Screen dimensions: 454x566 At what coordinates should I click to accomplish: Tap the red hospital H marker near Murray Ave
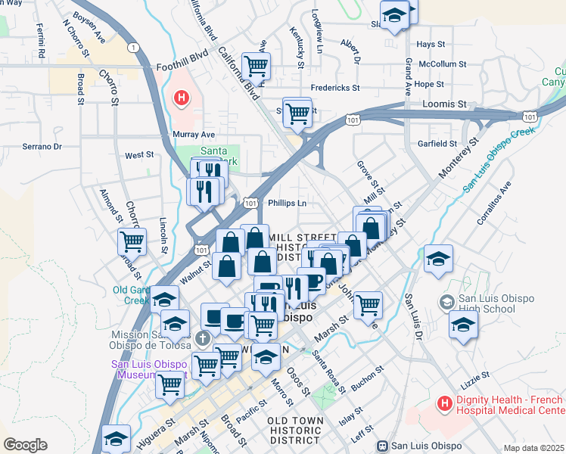[181, 98]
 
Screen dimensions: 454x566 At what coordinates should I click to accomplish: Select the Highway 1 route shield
[134, 48]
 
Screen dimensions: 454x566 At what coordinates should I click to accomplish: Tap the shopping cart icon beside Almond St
[132, 242]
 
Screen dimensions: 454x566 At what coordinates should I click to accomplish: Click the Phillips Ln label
[288, 203]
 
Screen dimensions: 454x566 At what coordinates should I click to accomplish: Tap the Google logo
[25, 445]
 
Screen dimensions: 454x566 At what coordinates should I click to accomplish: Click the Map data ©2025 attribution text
[533, 448]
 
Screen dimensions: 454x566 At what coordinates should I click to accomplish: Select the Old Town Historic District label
[295, 430]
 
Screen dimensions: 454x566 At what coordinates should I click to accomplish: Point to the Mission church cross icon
[201, 337]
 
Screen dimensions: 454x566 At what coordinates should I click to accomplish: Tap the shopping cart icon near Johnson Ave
[368, 304]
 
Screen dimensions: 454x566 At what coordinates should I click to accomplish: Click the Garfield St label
[437, 143]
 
